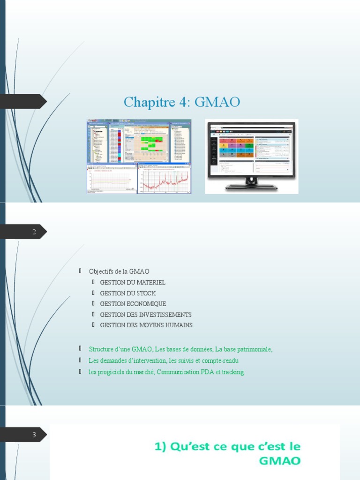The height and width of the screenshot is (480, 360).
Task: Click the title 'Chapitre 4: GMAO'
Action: pos(181,102)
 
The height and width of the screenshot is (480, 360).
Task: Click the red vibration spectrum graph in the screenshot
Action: pos(165,180)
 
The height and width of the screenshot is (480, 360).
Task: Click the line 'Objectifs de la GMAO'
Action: pos(119,271)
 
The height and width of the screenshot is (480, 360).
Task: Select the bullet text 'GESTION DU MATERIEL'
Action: pos(133,282)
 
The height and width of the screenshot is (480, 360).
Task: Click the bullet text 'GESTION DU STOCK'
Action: pos(128,293)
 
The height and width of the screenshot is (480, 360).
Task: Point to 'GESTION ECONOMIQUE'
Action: pos(133,304)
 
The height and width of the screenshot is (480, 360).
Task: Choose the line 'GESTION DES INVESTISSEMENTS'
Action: pos(146,315)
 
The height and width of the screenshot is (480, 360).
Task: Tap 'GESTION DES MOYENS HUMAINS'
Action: pos(146,325)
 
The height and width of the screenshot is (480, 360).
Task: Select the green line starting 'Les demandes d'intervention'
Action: pos(164,360)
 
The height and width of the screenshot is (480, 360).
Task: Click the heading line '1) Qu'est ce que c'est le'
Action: pos(227,446)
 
